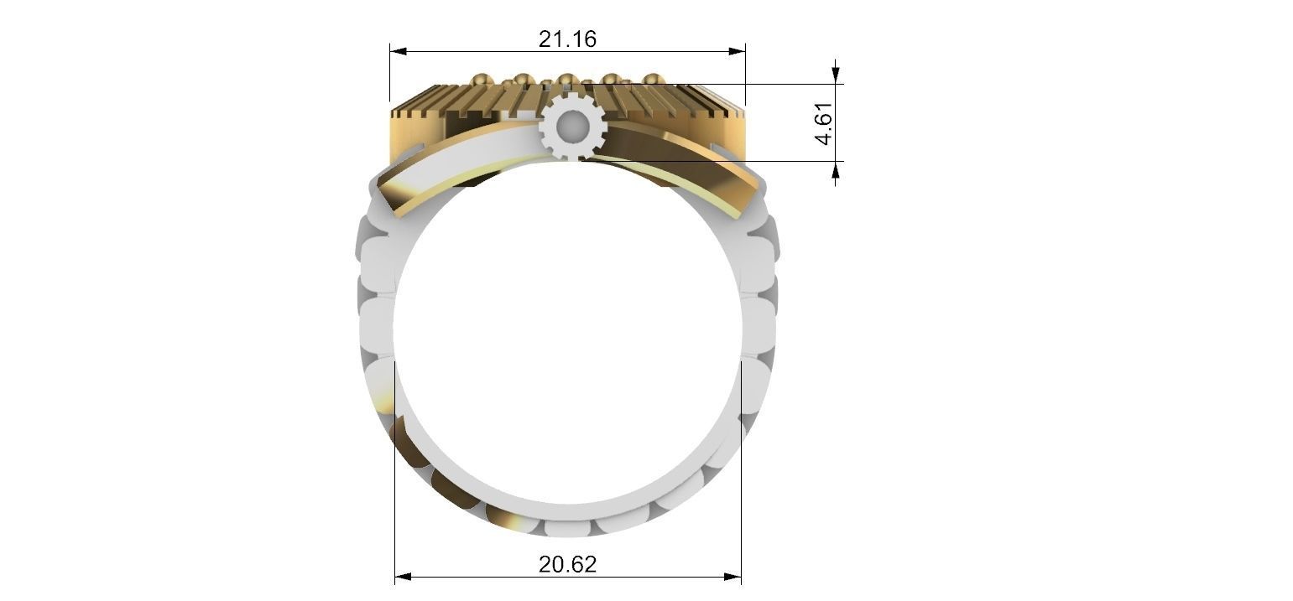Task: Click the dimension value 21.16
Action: [x=567, y=39]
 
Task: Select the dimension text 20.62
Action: [x=567, y=564]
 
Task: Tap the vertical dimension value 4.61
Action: [x=825, y=123]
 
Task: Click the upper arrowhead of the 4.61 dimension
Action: [x=835, y=75]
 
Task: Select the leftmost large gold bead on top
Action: [x=481, y=80]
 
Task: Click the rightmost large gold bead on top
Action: [x=652, y=80]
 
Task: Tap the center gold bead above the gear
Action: [x=566, y=80]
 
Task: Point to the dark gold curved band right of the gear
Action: [x=671, y=159]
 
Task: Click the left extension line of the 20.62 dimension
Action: [x=395, y=503]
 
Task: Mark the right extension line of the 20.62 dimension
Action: [x=741, y=503]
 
